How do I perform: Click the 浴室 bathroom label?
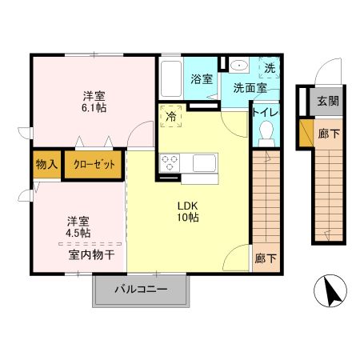[x=202, y=79]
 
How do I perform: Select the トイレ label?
[x=265, y=113]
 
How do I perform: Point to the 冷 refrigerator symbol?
[x=171, y=115]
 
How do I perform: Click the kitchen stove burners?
[x=170, y=162]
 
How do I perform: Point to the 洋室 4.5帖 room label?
[x=78, y=226]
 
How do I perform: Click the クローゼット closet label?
[x=94, y=165]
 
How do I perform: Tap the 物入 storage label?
[x=46, y=165]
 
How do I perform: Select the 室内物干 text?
[x=90, y=255]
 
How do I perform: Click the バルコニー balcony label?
[x=139, y=290]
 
